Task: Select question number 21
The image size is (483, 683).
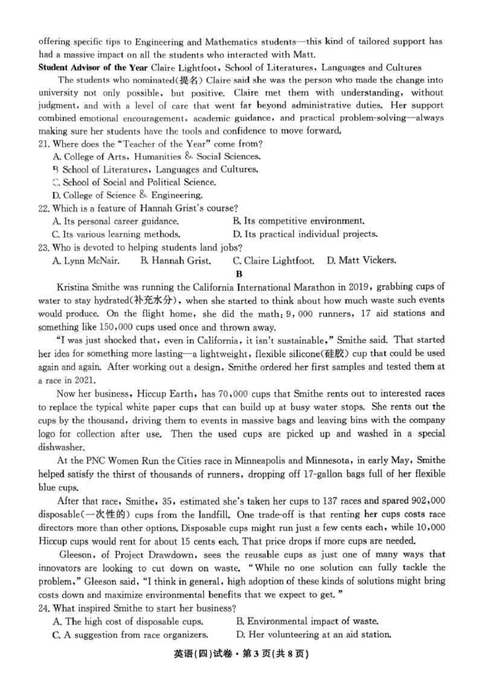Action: point(44,144)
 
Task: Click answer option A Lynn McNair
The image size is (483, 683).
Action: point(86,261)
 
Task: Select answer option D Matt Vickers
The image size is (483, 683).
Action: point(361,261)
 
